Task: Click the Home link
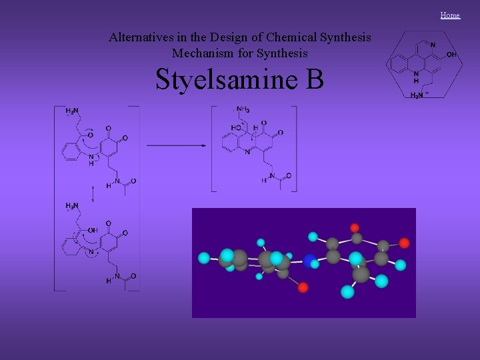450,15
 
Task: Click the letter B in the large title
315,79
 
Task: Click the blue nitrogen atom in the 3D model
310,260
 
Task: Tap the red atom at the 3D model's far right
404,243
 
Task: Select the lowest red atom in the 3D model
303,287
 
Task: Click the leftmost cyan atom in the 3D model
204,257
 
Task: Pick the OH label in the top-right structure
451,55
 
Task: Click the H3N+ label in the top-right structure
417,95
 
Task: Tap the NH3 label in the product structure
243,110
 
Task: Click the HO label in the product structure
236,127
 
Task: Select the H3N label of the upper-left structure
73,111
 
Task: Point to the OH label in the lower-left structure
92,230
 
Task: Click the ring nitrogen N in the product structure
247,152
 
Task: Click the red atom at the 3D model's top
355,227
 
